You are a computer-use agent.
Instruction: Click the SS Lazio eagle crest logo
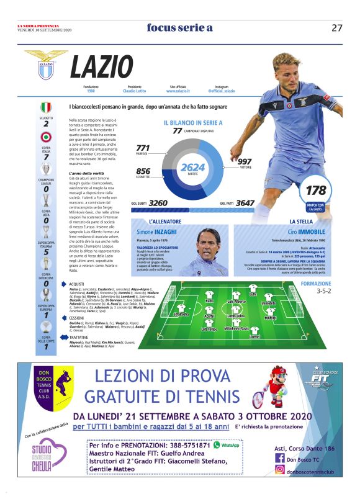coord(46,67)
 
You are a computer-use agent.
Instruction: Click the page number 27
coord(337,27)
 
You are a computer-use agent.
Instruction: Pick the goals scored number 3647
coord(245,202)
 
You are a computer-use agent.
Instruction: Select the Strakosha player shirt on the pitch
coord(181,308)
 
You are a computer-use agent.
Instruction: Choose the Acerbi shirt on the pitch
coord(209,310)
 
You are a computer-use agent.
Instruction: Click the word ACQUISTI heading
coord(78,283)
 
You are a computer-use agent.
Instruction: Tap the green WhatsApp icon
coord(217,445)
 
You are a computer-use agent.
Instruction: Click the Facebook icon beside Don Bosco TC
coord(279,459)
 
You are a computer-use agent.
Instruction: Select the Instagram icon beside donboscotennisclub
coord(279,471)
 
